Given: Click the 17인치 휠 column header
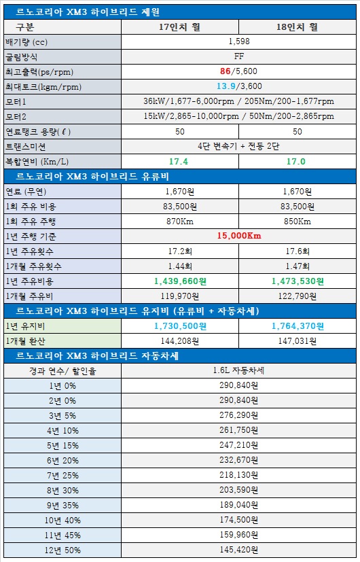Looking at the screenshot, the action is pos(180,27).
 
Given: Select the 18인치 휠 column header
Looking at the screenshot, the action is pos(298,27).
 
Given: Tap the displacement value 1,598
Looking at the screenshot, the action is pos(239,41).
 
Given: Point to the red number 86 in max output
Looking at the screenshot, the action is pos(226,71).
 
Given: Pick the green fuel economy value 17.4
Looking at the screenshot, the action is pos(179,162).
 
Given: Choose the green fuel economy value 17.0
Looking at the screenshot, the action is pos(296,162).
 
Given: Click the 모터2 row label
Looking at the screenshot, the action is pos(16,117).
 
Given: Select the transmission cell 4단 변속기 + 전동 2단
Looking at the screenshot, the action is pos(238,147).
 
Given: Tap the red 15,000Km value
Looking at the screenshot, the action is pos(239,236).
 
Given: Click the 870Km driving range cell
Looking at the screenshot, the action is pos(180,222).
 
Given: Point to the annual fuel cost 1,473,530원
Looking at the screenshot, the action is pos(298,281).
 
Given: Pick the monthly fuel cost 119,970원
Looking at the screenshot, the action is pos(180,296).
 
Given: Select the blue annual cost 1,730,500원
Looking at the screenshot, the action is pos(180,326).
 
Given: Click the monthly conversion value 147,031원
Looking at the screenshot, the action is pos(298,341).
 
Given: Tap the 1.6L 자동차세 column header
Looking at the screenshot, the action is pos(238,371).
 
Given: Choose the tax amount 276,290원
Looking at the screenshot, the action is pos(238,416).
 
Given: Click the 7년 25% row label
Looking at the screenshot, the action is pos(62,476).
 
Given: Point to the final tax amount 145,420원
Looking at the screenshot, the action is pos(238,550).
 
